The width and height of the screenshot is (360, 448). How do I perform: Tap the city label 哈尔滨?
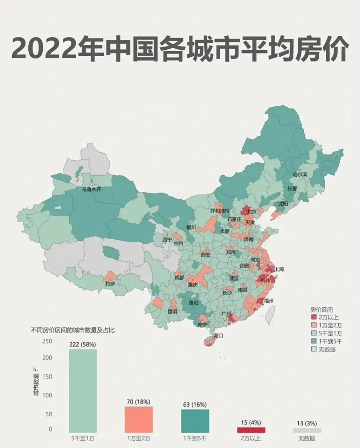tap(299, 174)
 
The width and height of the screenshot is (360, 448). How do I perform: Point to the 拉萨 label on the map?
tap(110, 284)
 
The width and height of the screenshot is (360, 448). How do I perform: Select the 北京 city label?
tap(251, 212)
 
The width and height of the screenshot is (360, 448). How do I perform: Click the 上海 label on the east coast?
tap(279, 269)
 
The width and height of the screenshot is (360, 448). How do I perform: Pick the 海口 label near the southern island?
tap(218, 335)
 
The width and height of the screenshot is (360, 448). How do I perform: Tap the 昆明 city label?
tap(172, 311)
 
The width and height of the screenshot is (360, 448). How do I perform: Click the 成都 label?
tap(179, 278)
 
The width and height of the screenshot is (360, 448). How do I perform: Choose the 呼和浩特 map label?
tap(220, 211)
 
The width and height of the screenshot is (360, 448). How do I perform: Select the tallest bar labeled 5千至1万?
tap(83, 390)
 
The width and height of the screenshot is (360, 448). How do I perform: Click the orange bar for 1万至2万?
tap(139, 419)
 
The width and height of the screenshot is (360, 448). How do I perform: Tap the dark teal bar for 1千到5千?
tap(195, 421)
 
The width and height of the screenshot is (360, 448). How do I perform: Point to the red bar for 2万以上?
tap(251, 430)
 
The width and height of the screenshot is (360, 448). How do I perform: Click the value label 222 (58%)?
tap(83, 345)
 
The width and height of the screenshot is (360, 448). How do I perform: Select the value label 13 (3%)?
tap(307, 423)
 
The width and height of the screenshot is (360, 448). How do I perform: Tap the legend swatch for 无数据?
tap(314, 349)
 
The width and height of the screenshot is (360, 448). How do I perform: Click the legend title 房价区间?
tap(321, 309)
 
